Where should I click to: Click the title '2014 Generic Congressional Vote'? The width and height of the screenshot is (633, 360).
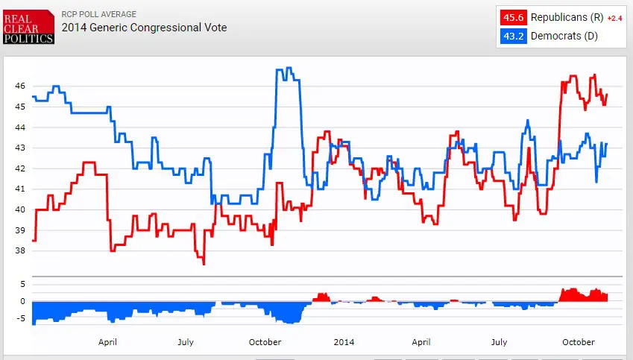point(144,28)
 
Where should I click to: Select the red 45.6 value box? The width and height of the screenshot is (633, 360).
point(512,17)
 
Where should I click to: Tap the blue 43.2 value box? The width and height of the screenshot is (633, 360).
point(512,36)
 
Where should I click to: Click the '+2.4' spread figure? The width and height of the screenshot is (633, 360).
point(614,18)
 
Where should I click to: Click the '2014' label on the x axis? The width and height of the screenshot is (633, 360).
point(344,342)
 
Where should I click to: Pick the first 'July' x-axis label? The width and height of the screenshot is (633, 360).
point(186,342)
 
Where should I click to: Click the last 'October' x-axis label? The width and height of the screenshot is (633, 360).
point(578,342)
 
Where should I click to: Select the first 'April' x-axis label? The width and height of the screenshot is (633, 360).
point(107,342)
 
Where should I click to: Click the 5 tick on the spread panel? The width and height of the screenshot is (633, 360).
point(22,284)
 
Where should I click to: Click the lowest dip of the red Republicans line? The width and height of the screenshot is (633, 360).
point(203,264)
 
